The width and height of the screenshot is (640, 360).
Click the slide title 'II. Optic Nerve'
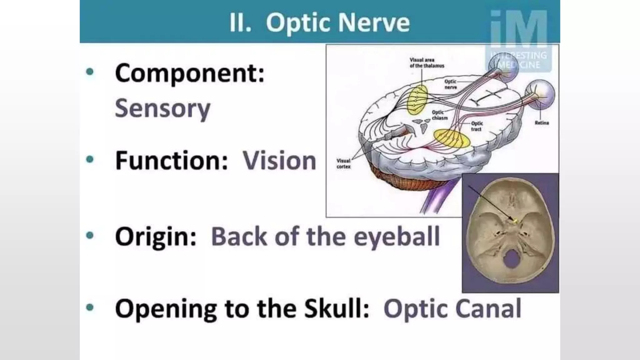(319, 22)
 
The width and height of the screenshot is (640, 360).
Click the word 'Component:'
(190, 73)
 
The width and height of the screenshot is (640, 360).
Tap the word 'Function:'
(172, 161)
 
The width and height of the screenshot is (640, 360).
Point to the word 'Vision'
(279, 161)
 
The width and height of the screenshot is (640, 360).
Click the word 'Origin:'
(156, 237)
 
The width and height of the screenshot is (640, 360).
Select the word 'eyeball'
(397, 237)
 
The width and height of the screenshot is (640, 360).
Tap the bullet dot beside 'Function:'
(90, 160)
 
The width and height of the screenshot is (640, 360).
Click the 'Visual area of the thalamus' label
(427, 63)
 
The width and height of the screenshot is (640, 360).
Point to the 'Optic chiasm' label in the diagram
(439, 115)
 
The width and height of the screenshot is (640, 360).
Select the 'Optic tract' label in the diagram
(477, 126)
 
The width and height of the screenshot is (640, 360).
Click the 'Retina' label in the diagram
(542, 123)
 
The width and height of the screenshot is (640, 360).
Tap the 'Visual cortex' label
(343, 164)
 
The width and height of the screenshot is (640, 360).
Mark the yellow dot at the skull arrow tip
(515, 222)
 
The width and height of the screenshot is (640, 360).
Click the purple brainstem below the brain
(437, 200)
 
